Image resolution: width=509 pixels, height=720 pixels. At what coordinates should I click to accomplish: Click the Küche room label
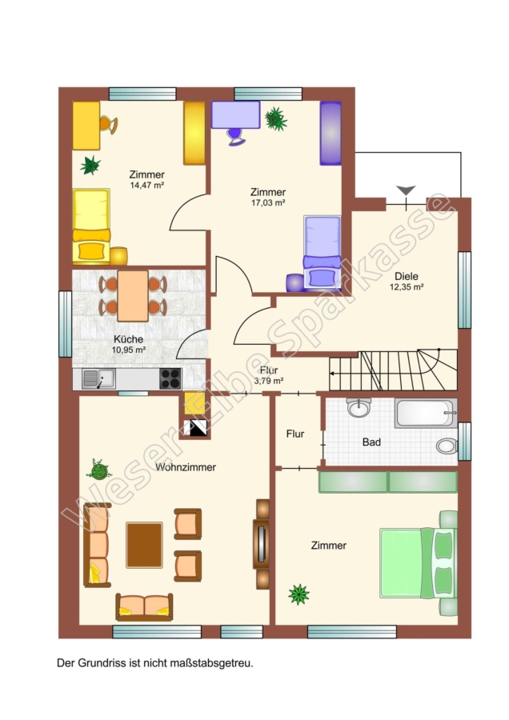coord(129,339)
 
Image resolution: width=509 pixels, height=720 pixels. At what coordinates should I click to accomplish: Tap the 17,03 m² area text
coord(268,202)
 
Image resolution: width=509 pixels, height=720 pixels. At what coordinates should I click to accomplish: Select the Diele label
coord(407,277)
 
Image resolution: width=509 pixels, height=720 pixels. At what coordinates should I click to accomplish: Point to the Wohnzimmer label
coord(186,467)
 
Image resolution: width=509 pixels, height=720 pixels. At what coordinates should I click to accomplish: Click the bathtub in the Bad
coord(426,413)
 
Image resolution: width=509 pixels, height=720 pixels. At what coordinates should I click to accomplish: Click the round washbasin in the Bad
coord(359,407)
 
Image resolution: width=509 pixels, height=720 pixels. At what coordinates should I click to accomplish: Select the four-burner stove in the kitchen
coord(170,379)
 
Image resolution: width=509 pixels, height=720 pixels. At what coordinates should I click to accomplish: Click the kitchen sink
coord(98,379)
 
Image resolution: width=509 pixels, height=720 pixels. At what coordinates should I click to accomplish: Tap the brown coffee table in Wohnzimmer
coord(144,545)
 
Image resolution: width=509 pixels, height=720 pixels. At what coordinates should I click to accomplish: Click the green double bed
coord(419,563)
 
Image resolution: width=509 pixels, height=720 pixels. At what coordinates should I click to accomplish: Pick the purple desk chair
coord(235,136)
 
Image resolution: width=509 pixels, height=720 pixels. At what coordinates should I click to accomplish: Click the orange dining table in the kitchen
coord(133,296)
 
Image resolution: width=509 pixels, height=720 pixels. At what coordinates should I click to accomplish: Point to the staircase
coord(393,370)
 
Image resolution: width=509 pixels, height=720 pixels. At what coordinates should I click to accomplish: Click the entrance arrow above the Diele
coord(406,190)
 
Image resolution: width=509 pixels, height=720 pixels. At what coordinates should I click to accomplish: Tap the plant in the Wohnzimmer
coord(98,470)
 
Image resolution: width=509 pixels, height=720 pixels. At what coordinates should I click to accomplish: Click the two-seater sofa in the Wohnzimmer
coord(144,606)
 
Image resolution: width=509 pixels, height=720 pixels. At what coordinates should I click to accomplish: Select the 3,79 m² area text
coord(269,381)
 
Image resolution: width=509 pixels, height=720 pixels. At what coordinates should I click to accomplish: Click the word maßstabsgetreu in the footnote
coord(212,663)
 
